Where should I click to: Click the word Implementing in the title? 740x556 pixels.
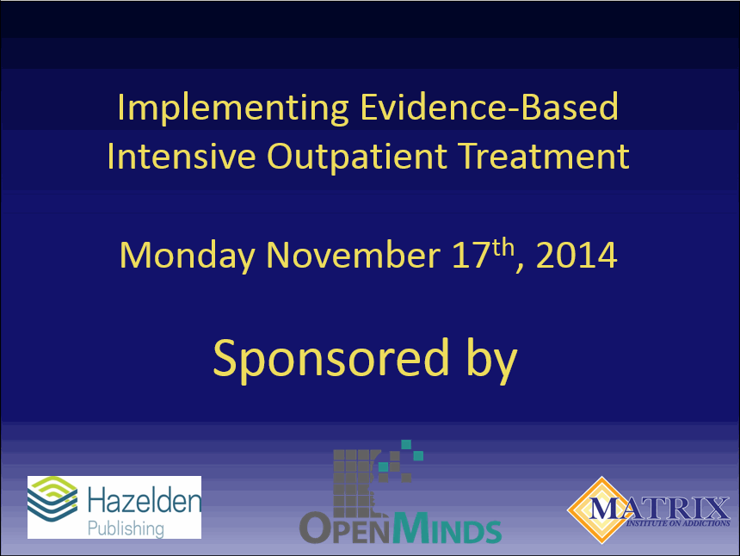tap(232, 108)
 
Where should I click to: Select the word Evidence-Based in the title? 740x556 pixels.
tap(488, 108)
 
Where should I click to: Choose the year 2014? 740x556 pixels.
tap(577, 256)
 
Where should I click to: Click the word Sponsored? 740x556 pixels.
tap(331, 359)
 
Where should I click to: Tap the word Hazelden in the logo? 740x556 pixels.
tap(145, 498)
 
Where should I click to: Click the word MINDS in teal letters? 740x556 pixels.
tap(447, 528)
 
